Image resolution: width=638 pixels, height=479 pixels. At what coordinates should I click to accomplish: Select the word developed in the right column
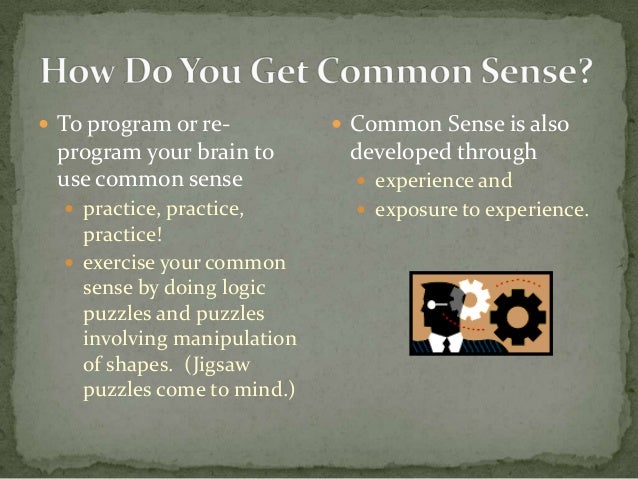pyautogui.click(x=392, y=153)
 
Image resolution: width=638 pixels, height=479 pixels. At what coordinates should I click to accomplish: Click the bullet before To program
pyautogui.click(x=45, y=127)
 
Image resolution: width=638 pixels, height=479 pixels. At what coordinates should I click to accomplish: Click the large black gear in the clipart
pyautogui.click(x=517, y=318)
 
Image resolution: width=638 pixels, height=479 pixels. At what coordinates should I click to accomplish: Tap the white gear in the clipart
pyautogui.click(x=471, y=297)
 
